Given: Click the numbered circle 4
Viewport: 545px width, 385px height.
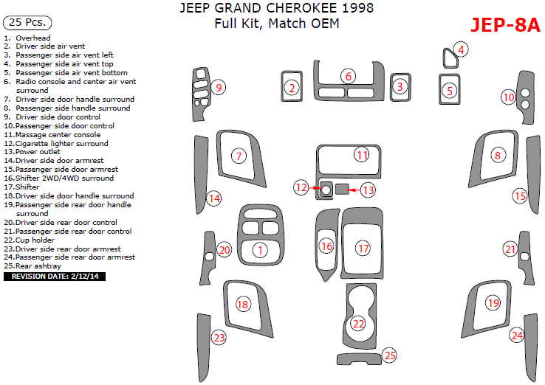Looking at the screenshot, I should click(461, 49).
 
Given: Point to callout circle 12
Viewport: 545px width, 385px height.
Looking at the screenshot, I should click(300, 187).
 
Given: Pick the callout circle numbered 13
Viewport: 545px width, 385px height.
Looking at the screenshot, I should click(368, 190).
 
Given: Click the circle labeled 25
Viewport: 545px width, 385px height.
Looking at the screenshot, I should click(390, 355).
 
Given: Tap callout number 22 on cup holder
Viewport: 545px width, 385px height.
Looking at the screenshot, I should click(358, 323).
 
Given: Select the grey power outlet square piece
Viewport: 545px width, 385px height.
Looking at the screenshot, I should click(342, 190).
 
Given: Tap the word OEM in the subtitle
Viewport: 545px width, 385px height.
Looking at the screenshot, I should click(325, 24).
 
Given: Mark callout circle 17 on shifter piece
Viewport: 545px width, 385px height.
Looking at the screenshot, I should click(363, 249).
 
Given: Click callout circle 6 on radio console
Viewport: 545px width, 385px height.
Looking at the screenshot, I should click(348, 76).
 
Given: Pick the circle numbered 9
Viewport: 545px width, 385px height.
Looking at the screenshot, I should click(217, 88).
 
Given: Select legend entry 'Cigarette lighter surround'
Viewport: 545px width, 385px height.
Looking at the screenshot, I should click(57, 143).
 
